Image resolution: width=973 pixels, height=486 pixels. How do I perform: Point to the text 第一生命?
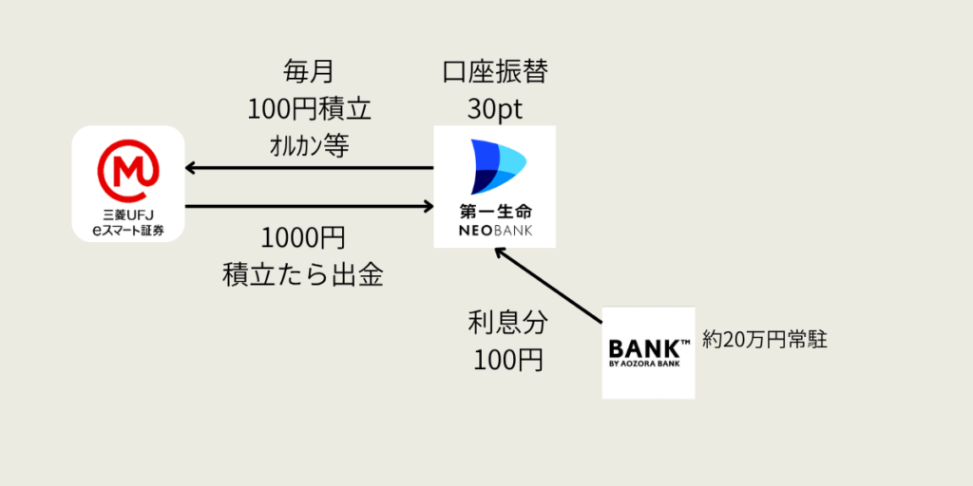pos(495,211)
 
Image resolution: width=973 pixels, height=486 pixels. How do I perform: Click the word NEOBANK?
pos(495,231)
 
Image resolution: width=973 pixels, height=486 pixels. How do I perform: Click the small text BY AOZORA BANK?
pos(647,364)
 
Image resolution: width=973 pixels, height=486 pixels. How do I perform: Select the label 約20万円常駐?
pos(765,340)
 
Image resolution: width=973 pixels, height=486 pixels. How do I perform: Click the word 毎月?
pos(309,71)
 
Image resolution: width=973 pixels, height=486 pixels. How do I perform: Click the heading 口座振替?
pos(495,71)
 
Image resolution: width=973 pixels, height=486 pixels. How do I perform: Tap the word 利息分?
pos(507,323)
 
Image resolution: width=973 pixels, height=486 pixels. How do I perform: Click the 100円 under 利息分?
pos(507,360)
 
